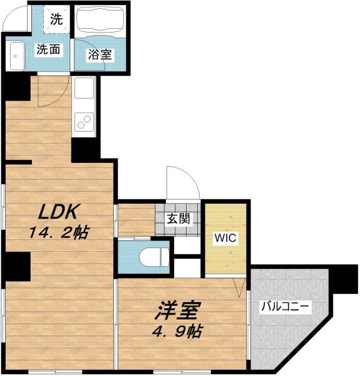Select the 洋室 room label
point(177,310)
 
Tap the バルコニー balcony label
point(285,308)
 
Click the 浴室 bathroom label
point(100,55)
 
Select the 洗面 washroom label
point(48,50)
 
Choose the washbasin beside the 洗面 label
point(16,57)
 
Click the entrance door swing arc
point(182,183)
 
